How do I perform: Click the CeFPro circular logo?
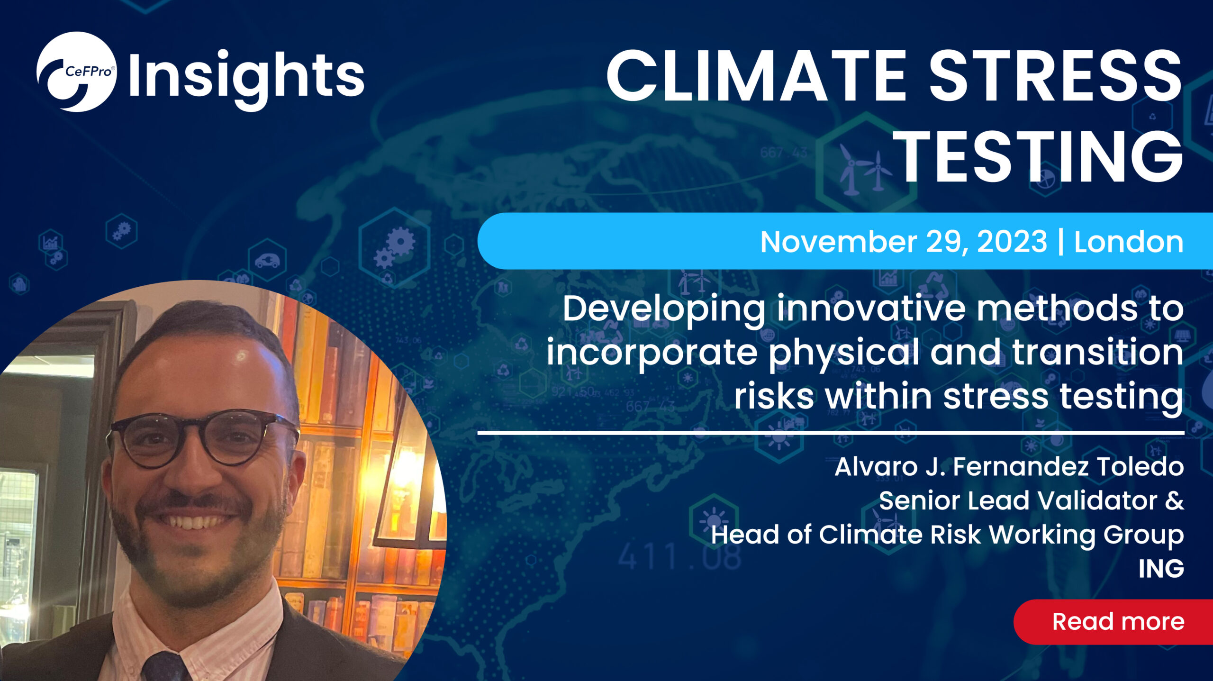click(x=76, y=72)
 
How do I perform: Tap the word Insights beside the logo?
click(x=246, y=78)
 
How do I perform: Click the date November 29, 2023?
click(x=903, y=242)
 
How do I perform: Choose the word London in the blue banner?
click(x=1129, y=242)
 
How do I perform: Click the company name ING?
click(x=1161, y=568)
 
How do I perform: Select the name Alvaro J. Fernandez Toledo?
click(x=1009, y=467)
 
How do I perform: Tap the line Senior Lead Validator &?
click(x=1032, y=500)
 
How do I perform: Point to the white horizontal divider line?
click(x=831, y=433)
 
